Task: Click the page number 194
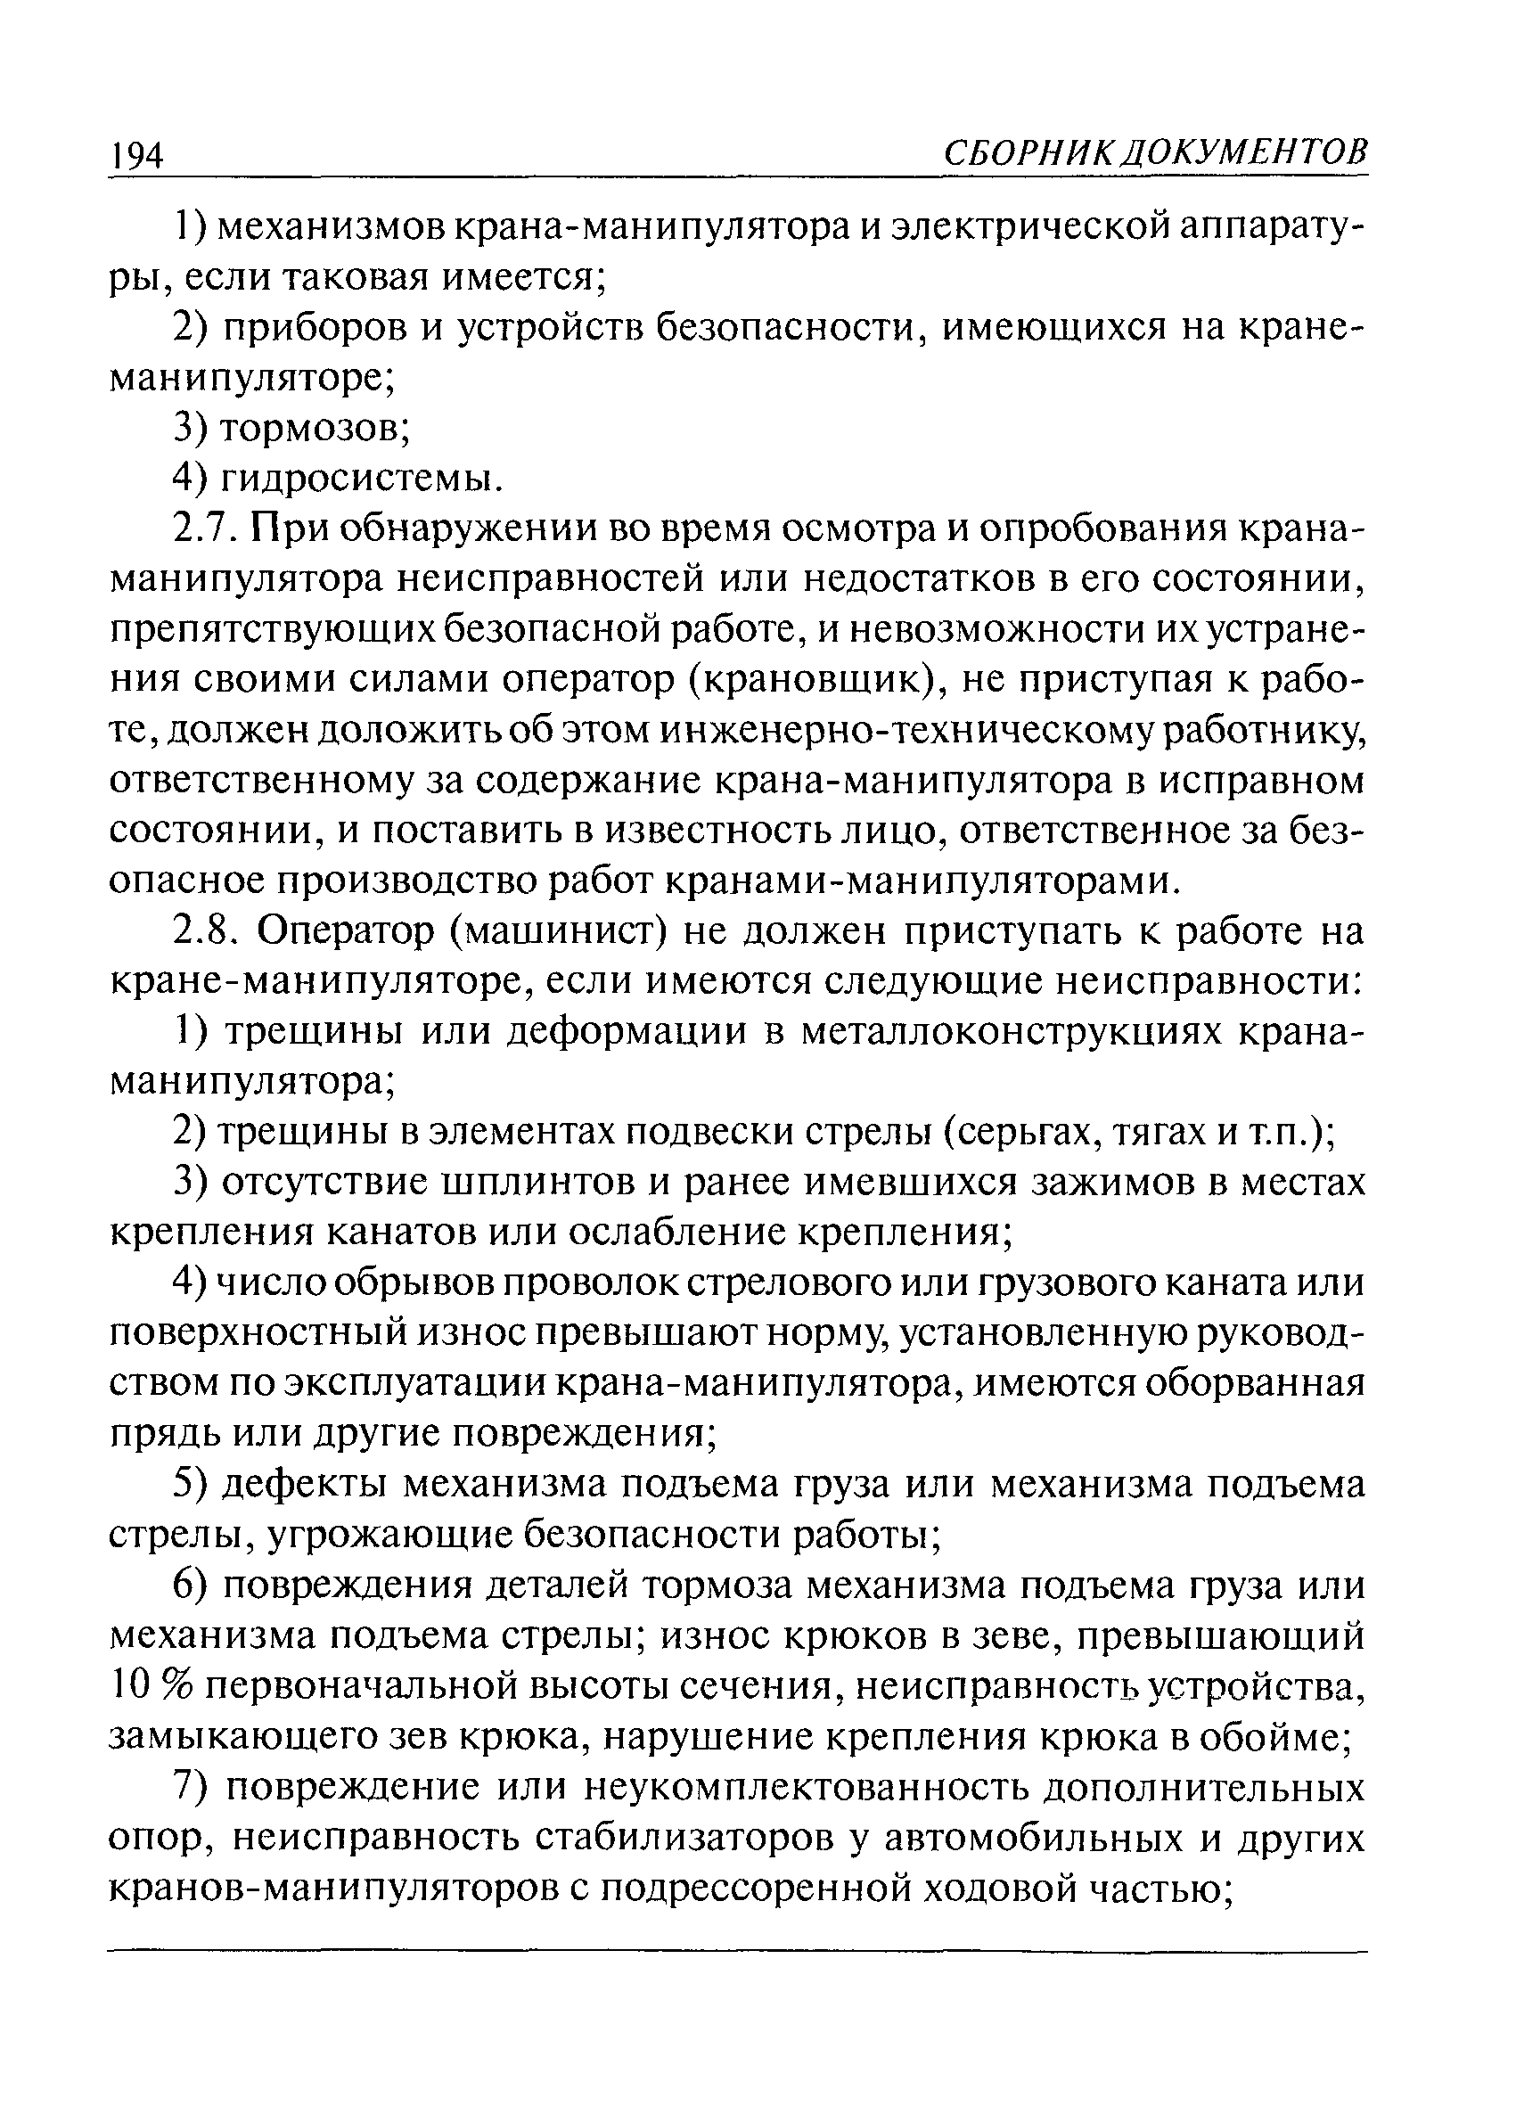(x=136, y=154)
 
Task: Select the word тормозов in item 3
(x=314, y=427)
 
